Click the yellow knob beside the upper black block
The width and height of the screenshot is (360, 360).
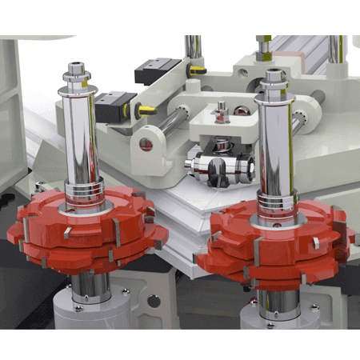192,70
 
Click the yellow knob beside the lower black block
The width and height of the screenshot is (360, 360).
146,113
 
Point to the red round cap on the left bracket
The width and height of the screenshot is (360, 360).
145,144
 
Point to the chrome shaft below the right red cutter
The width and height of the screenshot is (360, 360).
273,300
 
